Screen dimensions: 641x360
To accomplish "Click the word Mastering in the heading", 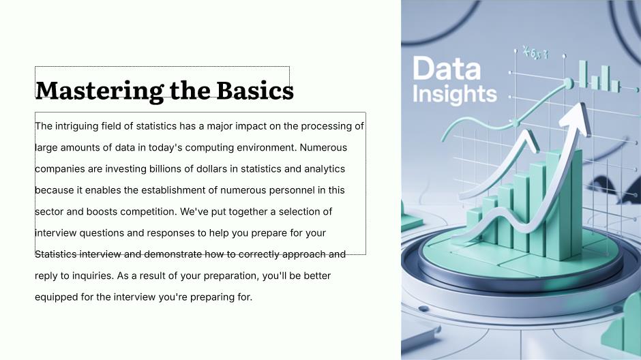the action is coord(100,91).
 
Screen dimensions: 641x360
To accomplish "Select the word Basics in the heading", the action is coord(254,90).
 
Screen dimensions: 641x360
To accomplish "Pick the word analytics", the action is coord(325,169).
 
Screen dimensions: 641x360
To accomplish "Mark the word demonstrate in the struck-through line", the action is coord(173,254).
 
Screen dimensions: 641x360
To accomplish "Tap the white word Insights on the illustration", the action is coord(455,94).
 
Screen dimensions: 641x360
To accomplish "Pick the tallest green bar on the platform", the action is coord(564,205).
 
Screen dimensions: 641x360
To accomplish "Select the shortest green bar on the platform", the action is coord(474,225).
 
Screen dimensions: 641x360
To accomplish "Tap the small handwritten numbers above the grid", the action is coord(535,53).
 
